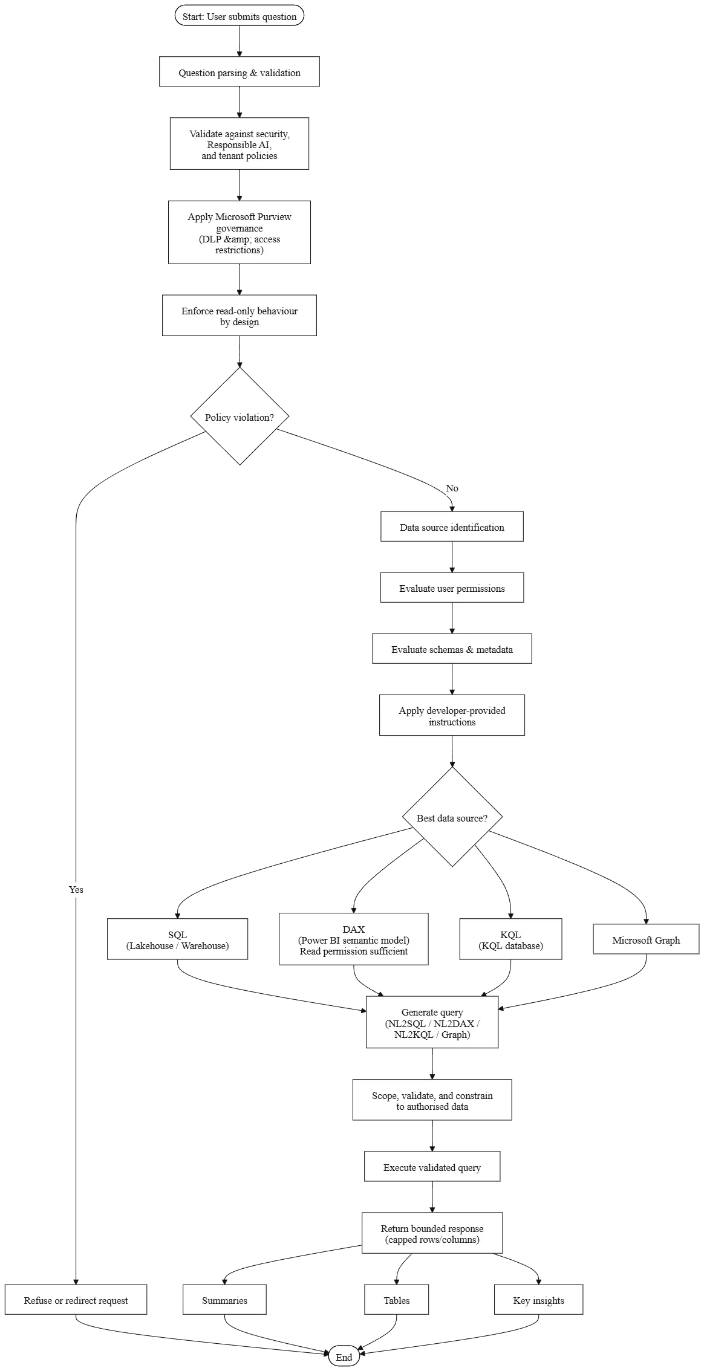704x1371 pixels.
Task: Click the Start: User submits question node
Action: (240, 16)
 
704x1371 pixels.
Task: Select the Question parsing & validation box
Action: (240, 72)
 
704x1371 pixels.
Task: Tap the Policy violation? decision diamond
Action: (240, 416)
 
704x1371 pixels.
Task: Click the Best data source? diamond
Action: (452, 817)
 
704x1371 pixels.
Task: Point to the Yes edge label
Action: (76, 890)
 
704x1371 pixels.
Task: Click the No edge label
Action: (452, 488)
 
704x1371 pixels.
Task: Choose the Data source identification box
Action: (452, 527)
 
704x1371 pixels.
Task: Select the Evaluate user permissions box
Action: (452, 588)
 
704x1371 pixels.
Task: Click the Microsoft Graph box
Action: (646, 939)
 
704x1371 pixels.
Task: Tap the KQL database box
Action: (511, 939)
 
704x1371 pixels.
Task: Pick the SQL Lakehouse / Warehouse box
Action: (178, 939)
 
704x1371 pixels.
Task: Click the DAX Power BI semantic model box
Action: (354, 939)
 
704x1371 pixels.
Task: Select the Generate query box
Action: (432, 1023)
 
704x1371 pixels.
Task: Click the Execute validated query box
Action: (432, 1167)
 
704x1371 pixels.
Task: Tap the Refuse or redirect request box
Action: (76, 1300)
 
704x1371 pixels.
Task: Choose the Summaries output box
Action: (224, 1300)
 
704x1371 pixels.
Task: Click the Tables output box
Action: (397, 1300)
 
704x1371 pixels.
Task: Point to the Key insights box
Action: (539, 1300)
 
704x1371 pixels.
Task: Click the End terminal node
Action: (344, 1356)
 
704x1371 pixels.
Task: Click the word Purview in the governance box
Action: (275, 217)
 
